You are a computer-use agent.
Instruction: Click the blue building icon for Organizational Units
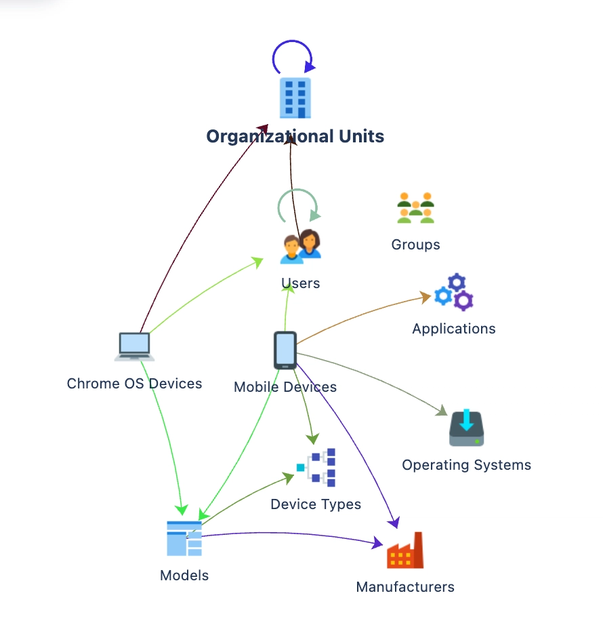coord(295,98)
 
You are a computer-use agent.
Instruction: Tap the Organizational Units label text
coord(295,136)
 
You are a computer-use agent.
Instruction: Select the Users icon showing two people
coord(301,245)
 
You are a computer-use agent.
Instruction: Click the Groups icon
coord(415,208)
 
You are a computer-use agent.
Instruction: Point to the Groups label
coord(415,245)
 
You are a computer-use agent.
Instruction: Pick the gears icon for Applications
coord(453,291)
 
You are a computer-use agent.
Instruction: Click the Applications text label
coord(454,329)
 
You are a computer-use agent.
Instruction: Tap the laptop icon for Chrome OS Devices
coord(134,346)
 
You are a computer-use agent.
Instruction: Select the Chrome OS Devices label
coord(134,384)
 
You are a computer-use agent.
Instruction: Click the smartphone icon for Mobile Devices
coord(285,350)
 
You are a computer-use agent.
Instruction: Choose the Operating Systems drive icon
coord(467,428)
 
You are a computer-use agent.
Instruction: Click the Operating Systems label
coord(467,465)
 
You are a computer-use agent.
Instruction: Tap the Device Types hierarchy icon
coord(316,468)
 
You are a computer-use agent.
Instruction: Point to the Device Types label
coord(316,504)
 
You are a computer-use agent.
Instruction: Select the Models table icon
coord(184,538)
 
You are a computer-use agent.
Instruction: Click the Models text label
coord(184,576)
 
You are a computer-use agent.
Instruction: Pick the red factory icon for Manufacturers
coord(405,550)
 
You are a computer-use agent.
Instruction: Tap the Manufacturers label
coord(405,587)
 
